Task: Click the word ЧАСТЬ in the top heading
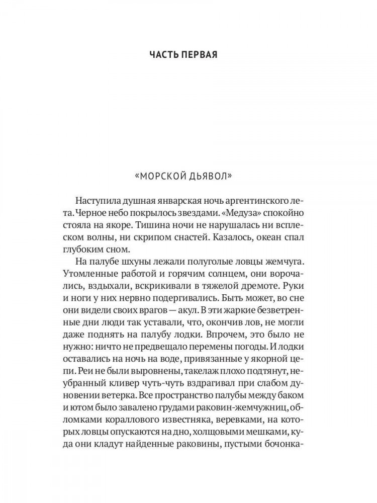tap(165, 54)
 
